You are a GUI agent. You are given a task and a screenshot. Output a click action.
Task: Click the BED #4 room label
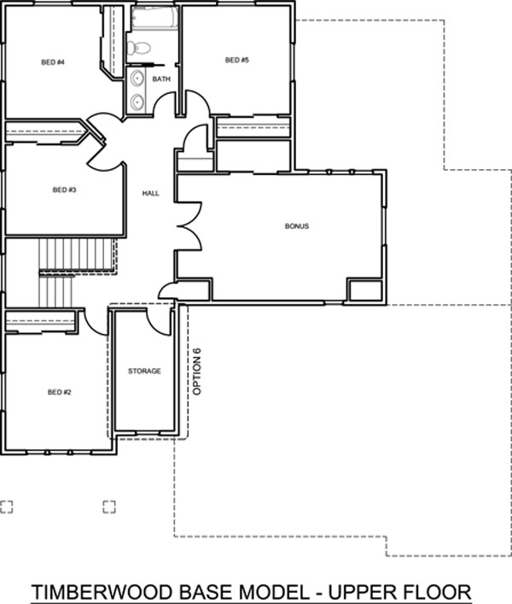point(53,62)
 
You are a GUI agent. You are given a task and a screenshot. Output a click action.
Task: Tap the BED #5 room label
point(237,60)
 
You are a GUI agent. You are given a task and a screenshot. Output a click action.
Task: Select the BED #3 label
point(64,190)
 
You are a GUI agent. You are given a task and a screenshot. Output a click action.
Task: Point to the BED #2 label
point(59,392)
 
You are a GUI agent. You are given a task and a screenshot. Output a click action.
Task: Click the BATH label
point(161,79)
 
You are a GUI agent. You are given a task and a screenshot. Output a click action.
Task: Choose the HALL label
point(150,193)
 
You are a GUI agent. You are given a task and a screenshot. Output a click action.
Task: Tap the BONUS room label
point(297,226)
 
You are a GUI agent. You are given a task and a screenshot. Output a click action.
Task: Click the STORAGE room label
point(144,371)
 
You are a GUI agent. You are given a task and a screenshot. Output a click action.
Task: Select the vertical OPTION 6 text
point(197,372)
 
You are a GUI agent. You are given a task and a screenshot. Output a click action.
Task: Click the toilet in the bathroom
point(138,48)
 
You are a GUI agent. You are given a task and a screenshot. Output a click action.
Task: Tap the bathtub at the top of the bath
point(154,18)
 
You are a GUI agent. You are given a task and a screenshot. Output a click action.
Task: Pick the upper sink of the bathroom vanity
point(137,79)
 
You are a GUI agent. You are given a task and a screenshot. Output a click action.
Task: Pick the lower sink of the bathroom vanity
point(137,102)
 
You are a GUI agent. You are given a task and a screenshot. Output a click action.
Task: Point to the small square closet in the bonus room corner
point(364,290)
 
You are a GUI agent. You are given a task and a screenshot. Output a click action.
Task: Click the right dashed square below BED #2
point(109,507)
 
